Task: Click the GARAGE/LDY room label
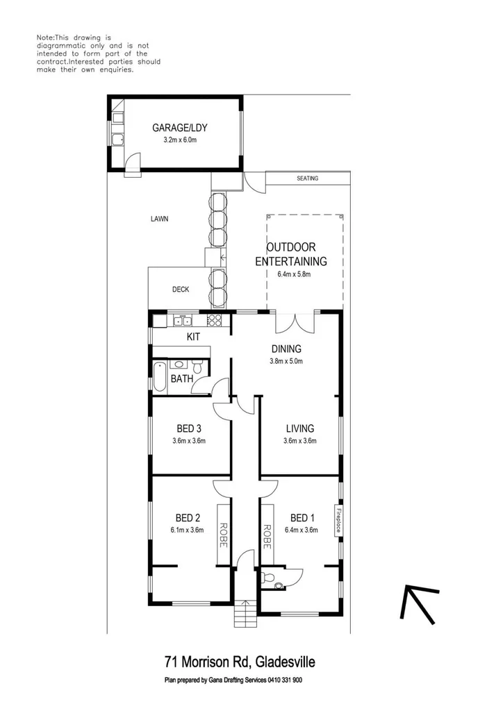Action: point(180,127)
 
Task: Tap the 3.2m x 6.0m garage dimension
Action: point(180,140)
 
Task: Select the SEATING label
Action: point(307,178)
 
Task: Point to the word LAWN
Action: point(159,219)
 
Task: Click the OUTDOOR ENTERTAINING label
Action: point(291,254)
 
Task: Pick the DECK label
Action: point(181,290)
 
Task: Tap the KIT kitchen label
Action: point(193,337)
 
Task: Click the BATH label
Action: point(181,379)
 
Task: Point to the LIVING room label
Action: point(299,428)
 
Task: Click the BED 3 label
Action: point(188,428)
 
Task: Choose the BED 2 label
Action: point(188,518)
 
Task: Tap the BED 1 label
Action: point(302,518)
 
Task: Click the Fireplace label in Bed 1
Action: point(339,521)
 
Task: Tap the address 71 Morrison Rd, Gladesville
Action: point(240,662)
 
